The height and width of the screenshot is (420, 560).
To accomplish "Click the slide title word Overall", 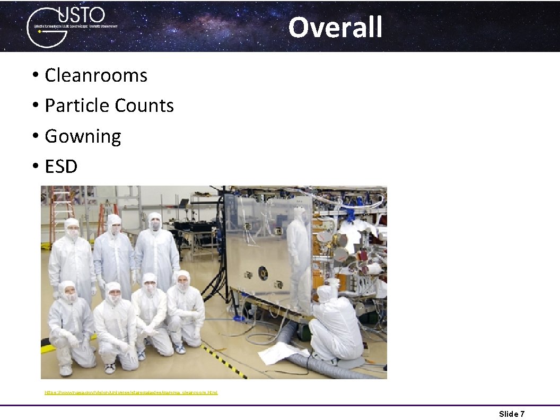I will pyautogui.click(x=335, y=27).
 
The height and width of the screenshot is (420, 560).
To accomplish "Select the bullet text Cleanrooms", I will pyautogui.click(x=95, y=75).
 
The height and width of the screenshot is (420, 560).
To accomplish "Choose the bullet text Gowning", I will pyautogui.click(x=83, y=136).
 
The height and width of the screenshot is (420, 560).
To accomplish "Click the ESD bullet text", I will pyautogui.click(x=61, y=167).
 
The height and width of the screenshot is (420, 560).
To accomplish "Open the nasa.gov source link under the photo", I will pyautogui.click(x=131, y=392).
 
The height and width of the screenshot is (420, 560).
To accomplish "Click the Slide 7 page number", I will pyautogui.click(x=511, y=414).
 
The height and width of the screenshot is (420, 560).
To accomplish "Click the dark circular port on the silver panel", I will pyautogui.click(x=263, y=273).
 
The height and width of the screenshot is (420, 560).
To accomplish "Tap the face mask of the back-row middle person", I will pyautogui.click(x=155, y=226).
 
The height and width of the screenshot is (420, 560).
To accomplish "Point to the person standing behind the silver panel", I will pyautogui.click(x=299, y=255).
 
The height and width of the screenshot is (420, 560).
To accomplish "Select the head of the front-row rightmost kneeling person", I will pyautogui.click(x=183, y=281).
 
